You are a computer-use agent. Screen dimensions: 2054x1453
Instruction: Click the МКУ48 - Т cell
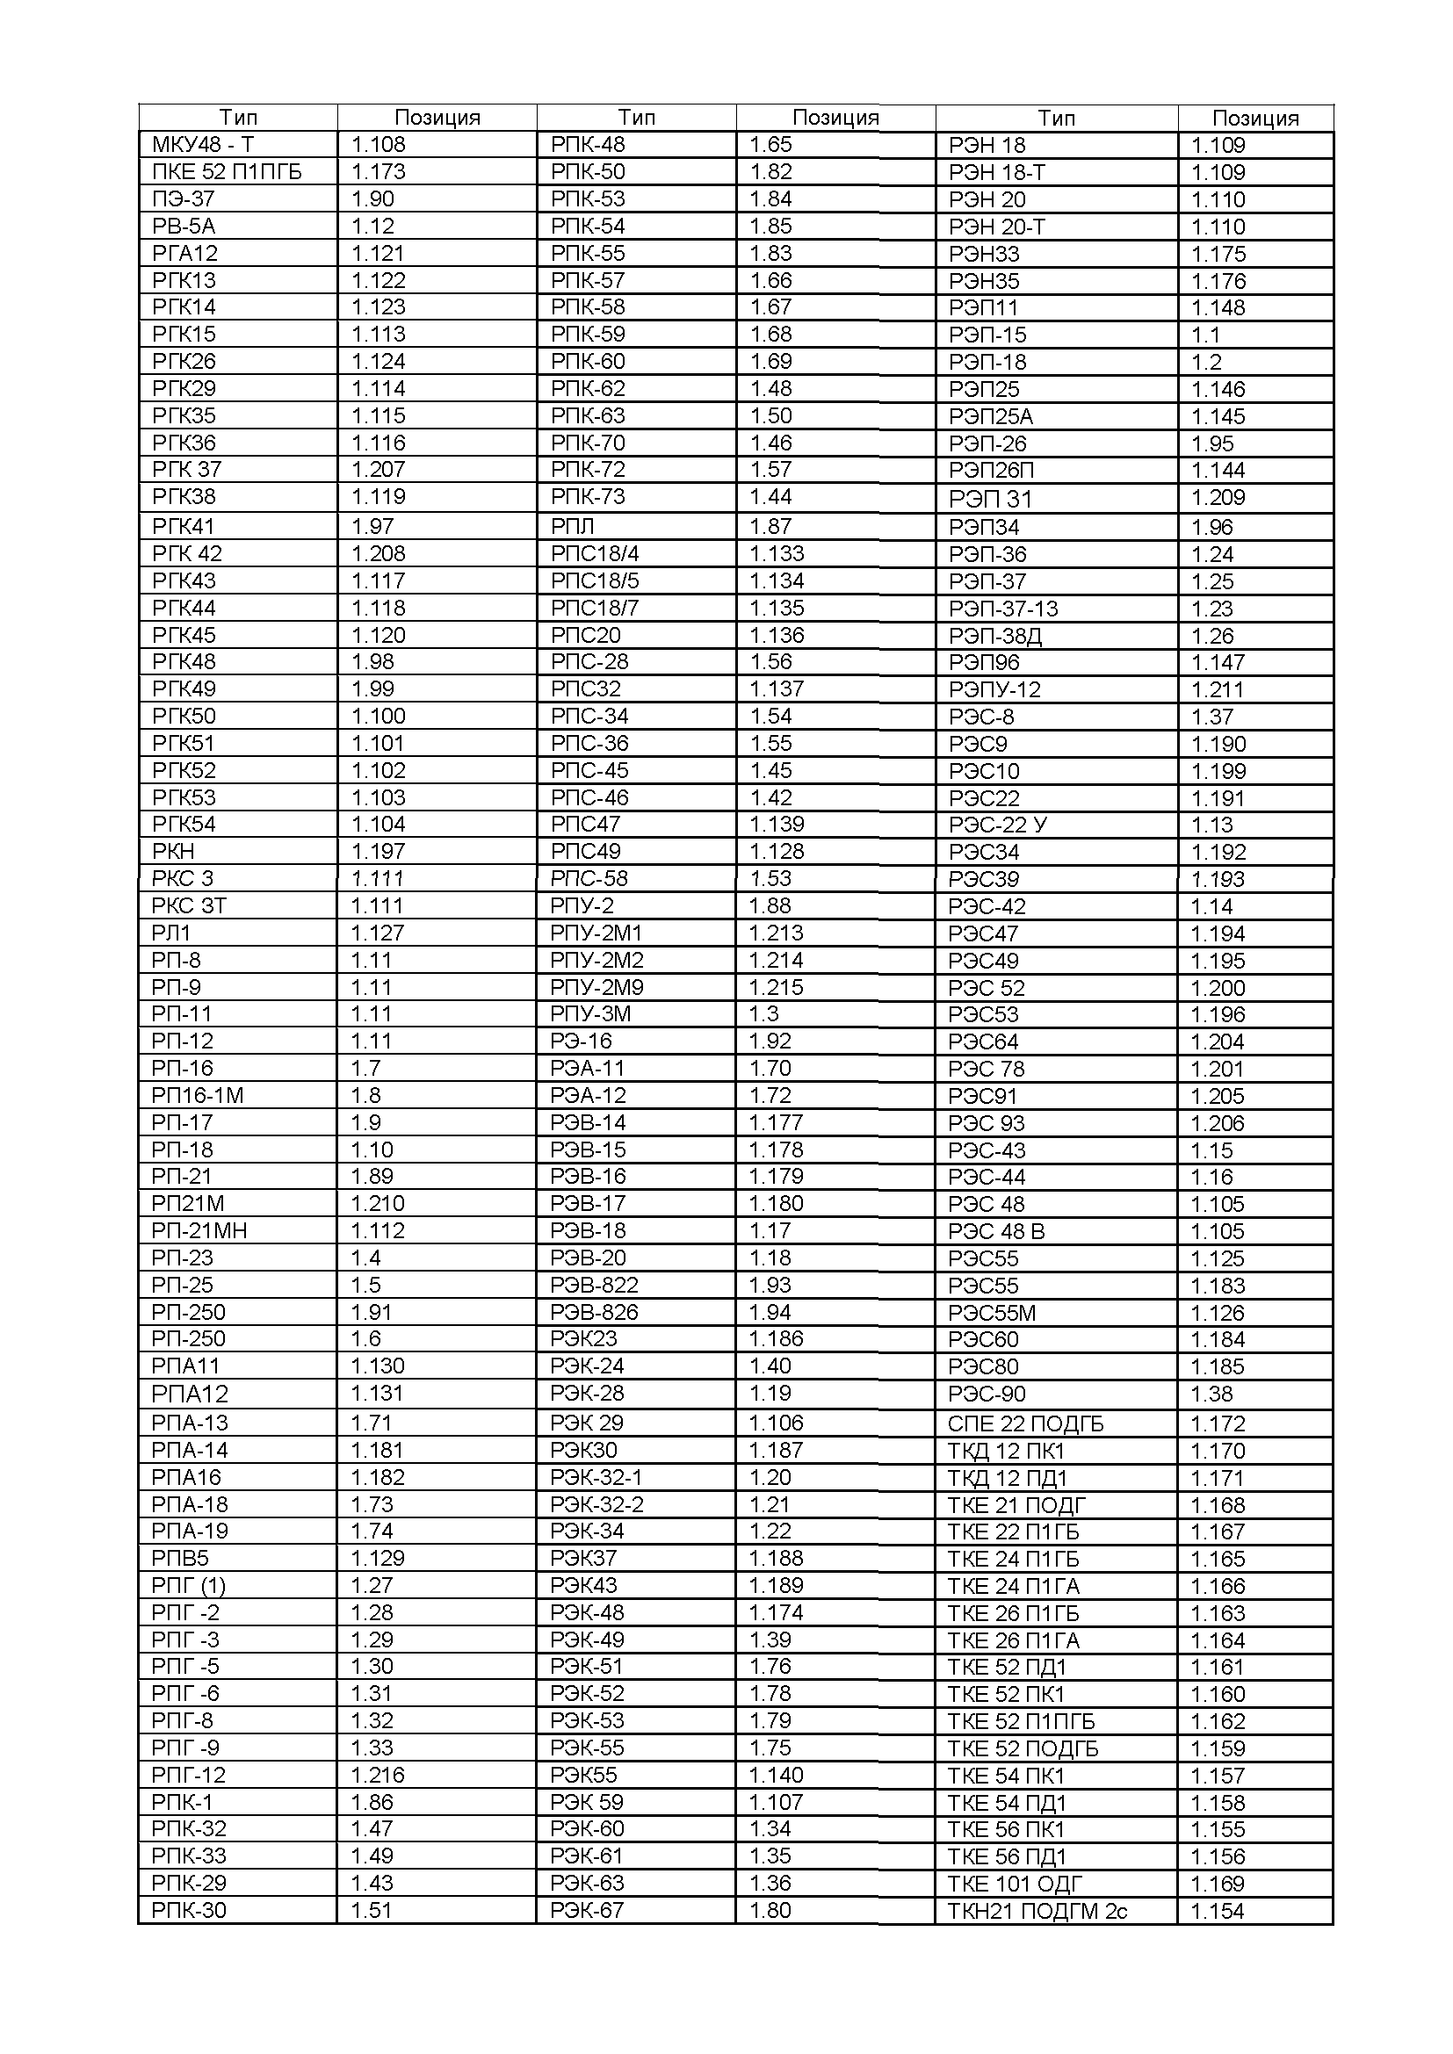coord(203,145)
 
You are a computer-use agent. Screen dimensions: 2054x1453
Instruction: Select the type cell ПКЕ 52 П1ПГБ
coord(227,172)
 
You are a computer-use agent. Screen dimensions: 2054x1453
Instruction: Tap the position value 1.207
coord(379,470)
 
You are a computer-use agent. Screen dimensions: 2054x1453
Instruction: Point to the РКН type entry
coord(174,851)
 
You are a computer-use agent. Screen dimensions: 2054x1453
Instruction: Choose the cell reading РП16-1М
coord(197,1095)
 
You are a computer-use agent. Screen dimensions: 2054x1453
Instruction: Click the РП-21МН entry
coord(199,1230)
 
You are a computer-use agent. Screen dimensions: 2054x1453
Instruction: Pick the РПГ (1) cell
coord(188,1585)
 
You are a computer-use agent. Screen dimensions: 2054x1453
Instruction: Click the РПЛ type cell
coord(573,526)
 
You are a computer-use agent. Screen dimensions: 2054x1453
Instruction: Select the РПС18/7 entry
coord(595,609)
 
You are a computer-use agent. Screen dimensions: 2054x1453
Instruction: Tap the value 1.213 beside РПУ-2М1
coord(776,933)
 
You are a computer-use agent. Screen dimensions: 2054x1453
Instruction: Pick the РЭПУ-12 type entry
coord(995,689)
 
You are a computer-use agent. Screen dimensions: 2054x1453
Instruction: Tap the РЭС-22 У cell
coord(997,825)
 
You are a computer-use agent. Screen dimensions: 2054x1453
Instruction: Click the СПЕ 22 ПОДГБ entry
coord(1025,1423)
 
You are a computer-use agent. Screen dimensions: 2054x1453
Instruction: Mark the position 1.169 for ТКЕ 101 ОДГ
coord(1217,1883)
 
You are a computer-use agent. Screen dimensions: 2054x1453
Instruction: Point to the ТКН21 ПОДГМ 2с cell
coord(1037,1911)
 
